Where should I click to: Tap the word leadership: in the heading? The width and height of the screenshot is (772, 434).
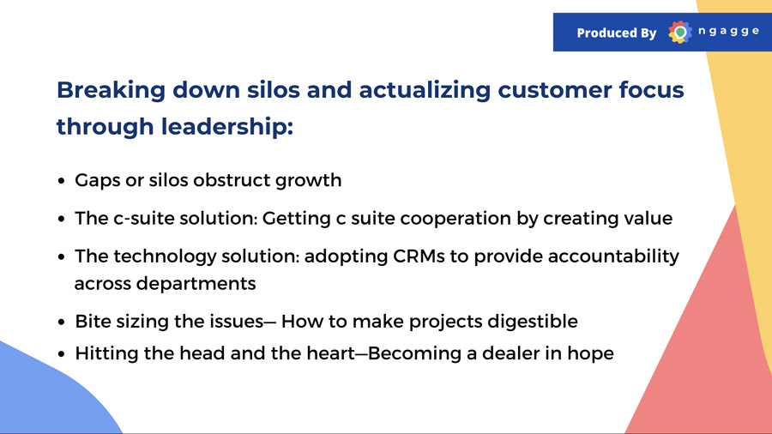227,126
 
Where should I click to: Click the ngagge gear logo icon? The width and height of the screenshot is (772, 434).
680,33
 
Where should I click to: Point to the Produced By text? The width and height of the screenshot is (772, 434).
617,33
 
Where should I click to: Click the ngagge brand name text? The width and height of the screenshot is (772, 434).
728,32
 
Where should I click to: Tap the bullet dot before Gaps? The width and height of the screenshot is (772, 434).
61,181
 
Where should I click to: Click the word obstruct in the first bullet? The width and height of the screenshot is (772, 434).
232,180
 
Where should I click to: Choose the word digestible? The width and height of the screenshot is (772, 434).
533,322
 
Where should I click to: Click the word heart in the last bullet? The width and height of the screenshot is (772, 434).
330,353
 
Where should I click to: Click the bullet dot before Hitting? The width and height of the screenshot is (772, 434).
61,354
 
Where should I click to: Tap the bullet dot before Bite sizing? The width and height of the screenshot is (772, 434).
61,322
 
